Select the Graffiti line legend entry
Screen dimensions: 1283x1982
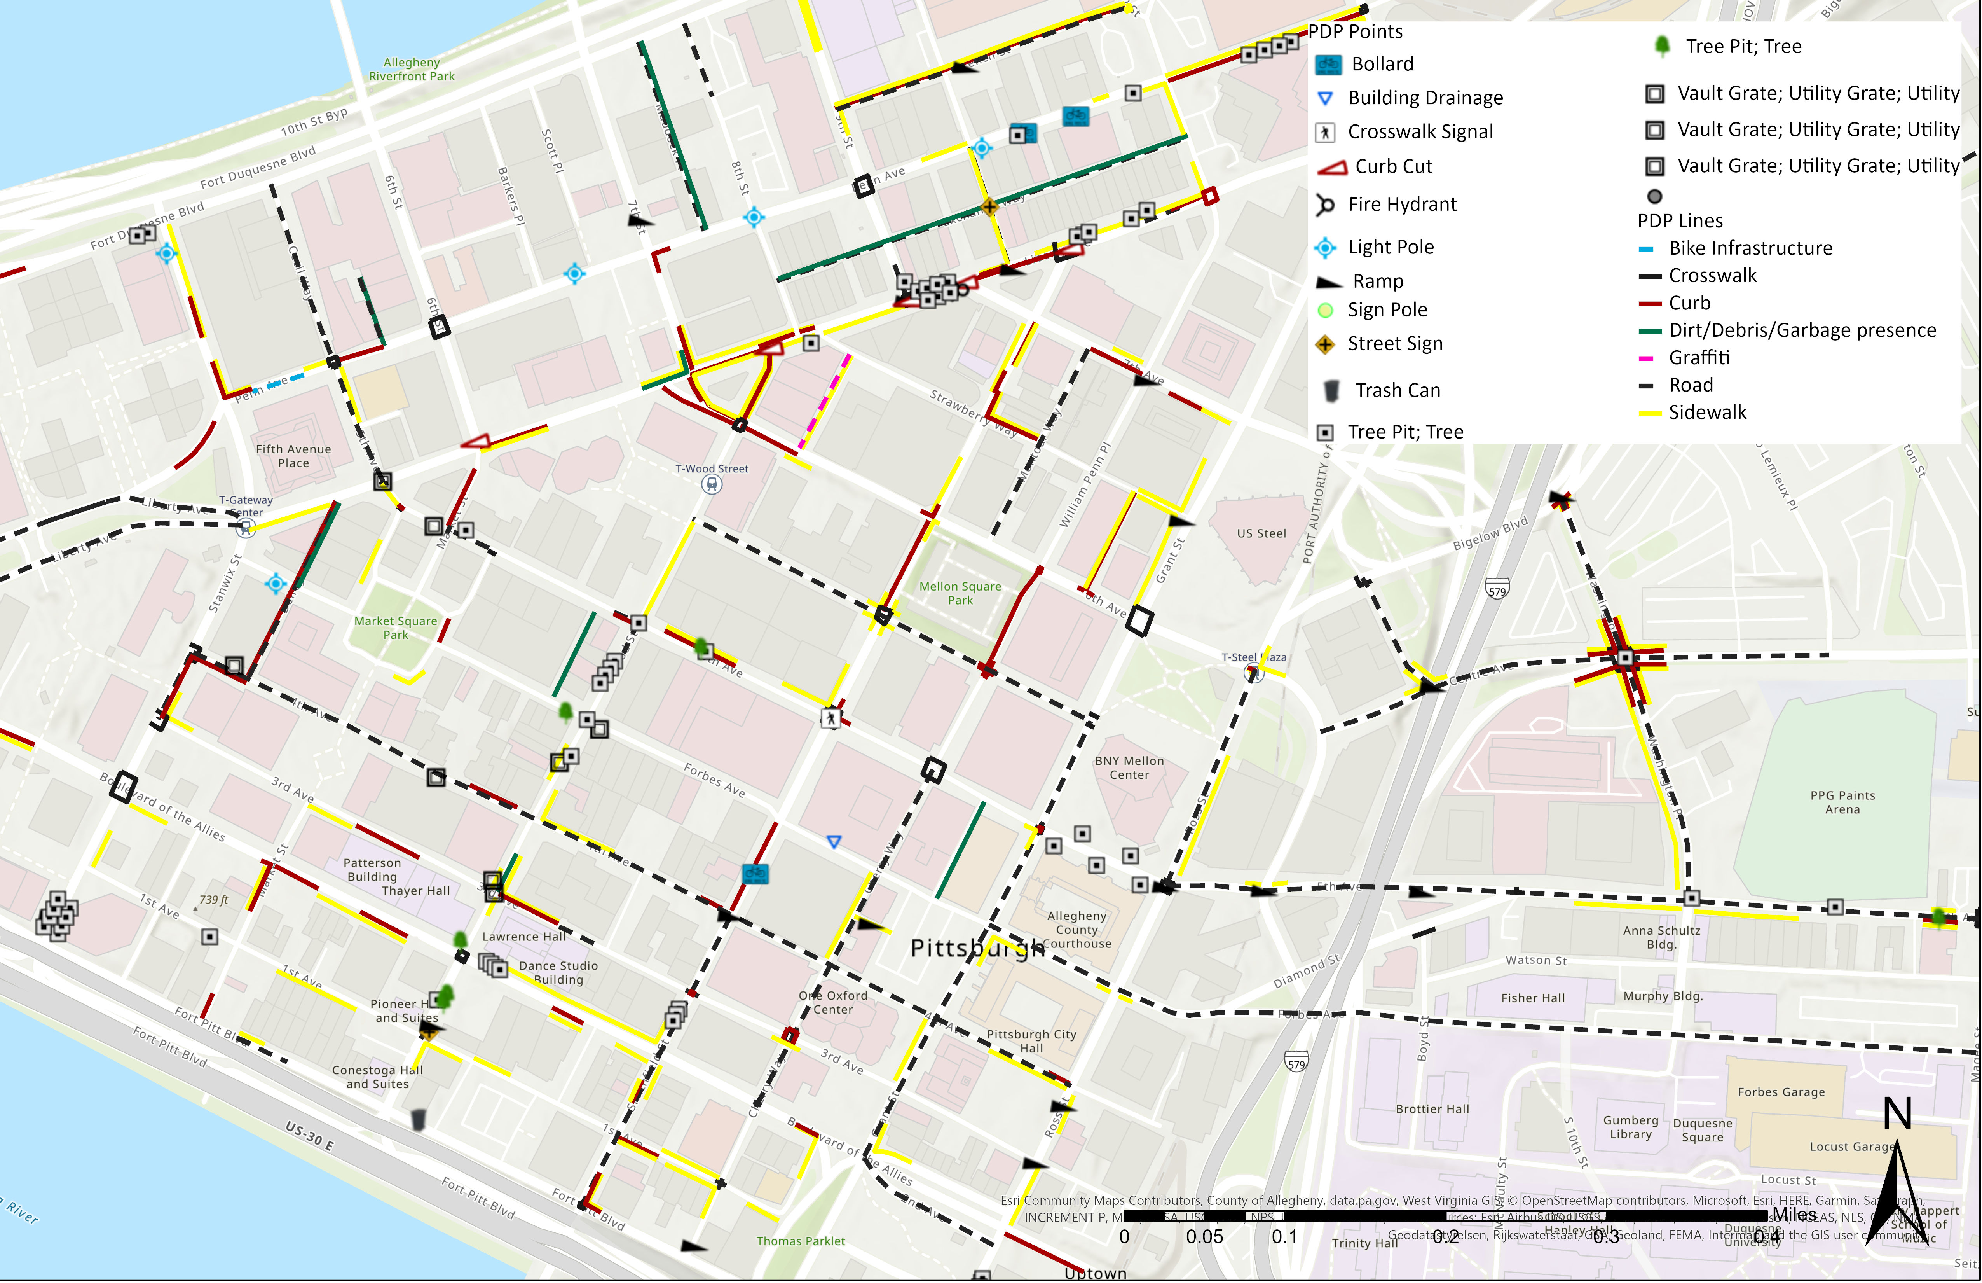1699,357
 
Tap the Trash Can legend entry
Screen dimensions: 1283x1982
1398,390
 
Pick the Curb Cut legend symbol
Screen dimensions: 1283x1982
1333,168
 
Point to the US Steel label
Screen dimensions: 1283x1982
1261,533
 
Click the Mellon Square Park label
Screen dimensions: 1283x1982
960,593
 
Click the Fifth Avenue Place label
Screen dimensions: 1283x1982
293,456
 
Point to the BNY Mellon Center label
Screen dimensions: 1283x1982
1129,767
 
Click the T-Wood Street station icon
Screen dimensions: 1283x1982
711,485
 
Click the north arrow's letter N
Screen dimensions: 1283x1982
1897,1113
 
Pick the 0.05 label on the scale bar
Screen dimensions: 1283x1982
1204,1236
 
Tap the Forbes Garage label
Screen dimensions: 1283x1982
1780,1092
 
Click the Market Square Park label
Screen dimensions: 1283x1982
396,628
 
